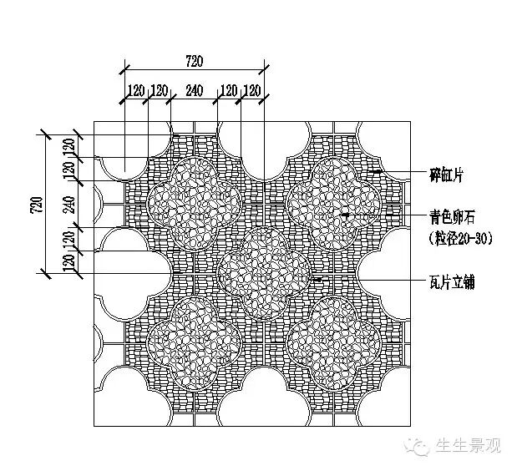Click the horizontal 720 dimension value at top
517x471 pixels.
[x=194, y=60]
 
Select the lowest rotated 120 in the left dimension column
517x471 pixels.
[x=70, y=261]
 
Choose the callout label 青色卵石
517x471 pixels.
[x=439, y=216]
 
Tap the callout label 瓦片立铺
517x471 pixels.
[x=439, y=281]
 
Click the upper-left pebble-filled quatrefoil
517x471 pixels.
[x=194, y=203]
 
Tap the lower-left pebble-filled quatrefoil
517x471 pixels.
[x=194, y=341]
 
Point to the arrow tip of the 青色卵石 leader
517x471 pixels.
[x=342, y=215]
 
